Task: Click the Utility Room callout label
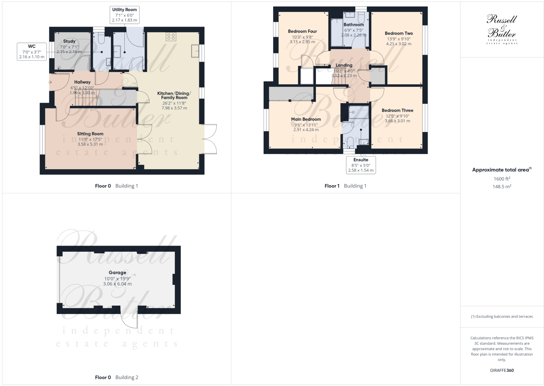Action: [x=124, y=15]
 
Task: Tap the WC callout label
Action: [x=32, y=52]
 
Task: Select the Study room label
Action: [x=69, y=41]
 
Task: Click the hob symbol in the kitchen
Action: [x=171, y=36]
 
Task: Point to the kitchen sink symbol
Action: [x=195, y=52]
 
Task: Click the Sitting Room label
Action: [x=90, y=134]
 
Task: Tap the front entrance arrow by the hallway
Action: [x=49, y=82]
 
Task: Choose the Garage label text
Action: [x=117, y=272]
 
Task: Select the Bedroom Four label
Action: [x=302, y=31]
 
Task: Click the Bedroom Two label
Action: [x=399, y=33]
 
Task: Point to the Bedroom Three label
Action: [x=397, y=111]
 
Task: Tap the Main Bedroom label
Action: [x=306, y=119]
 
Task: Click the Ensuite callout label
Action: [x=361, y=165]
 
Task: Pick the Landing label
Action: [x=344, y=65]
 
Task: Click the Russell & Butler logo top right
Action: [x=502, y=29]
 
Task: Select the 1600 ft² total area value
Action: [x=502, y=179]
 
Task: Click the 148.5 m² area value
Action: [x=502, y=187]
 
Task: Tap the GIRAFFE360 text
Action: [x=502, y=370]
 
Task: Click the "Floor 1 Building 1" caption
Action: [x=345, y=186]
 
